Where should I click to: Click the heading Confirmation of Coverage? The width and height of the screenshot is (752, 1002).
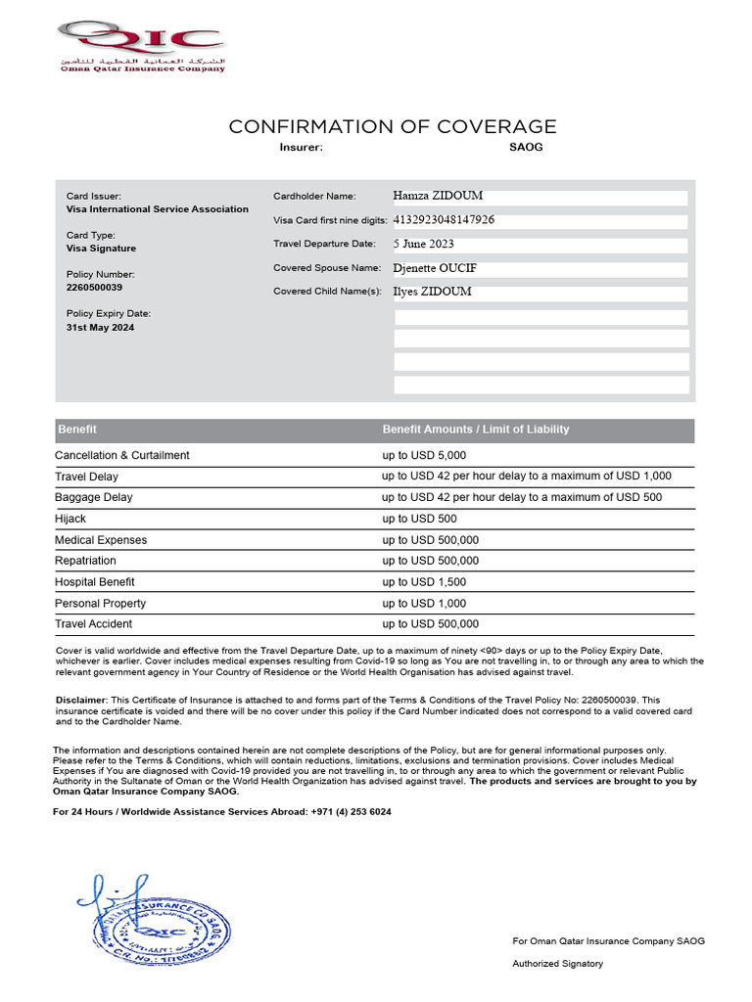tap(393, 126)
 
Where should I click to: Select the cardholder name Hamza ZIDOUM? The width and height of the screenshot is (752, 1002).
tap(438, 196)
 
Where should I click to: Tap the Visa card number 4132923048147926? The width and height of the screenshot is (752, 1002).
tap(444, 220)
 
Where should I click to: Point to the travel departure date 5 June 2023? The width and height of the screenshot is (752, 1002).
tap(424, 244)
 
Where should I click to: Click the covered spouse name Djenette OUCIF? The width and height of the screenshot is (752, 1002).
tap(435, 267)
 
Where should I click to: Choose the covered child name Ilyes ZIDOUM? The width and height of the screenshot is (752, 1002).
tap(432, 291)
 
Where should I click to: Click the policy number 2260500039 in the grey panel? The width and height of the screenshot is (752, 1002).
tap(94, 288)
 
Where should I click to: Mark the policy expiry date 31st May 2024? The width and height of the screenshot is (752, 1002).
tap(100, 328)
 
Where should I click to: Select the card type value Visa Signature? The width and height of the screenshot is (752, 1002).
tap(101, 249)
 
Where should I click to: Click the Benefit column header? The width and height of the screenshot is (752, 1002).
tap(77, 430)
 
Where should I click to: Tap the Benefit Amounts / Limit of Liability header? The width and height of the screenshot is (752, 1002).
tap(475, 430)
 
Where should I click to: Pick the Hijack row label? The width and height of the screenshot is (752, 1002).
tap(70, 519)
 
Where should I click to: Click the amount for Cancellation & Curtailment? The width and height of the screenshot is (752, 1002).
tap(424, 455)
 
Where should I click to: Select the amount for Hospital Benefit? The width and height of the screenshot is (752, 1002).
tap(424, 582)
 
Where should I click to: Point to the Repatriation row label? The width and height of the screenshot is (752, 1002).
tap(85, 561)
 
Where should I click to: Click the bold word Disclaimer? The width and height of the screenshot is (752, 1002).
tap(80, 700)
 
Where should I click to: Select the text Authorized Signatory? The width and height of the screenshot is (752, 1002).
tap(558, 964)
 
